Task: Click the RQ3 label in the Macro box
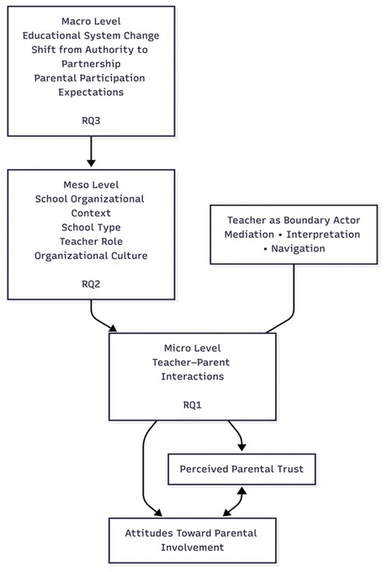click(91, 121)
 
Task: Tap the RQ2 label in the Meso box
click(91, 284)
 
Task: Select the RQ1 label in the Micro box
click(192, 405)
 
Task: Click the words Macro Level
click(91, 22)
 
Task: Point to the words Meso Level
click(91, 185)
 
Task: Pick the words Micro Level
click(192, 348)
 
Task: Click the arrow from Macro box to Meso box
click(91, 151)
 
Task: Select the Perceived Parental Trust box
click(241, 469)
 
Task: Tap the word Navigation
click(298, 249)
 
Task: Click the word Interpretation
click(323, 235)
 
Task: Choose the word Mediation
click(249, 235)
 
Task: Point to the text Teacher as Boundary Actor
click(294, 220)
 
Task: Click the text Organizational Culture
click(91, 256)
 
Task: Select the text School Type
click(91, 228)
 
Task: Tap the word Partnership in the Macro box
click(91, 64)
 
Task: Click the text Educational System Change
click(91, 35)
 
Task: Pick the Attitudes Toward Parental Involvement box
click(192, 540)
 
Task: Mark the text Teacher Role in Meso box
click(91, 241)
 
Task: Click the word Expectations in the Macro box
click(91, 93)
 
